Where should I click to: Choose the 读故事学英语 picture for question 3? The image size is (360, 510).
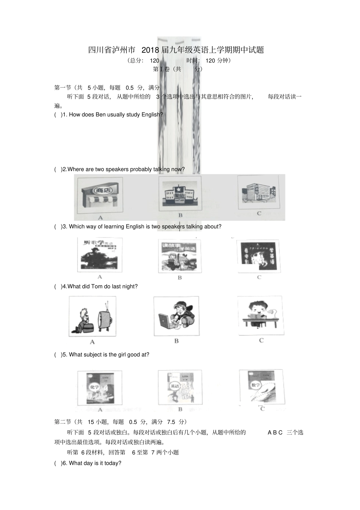tap(180, 255)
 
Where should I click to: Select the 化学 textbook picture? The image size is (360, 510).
tap(100, 388)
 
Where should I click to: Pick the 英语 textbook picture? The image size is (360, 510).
tap(180, 388)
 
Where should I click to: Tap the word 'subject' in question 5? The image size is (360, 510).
tap(98, 355)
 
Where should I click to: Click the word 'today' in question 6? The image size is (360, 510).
tap(112, 463)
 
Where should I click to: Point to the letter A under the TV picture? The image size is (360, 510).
tap(92, 342)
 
